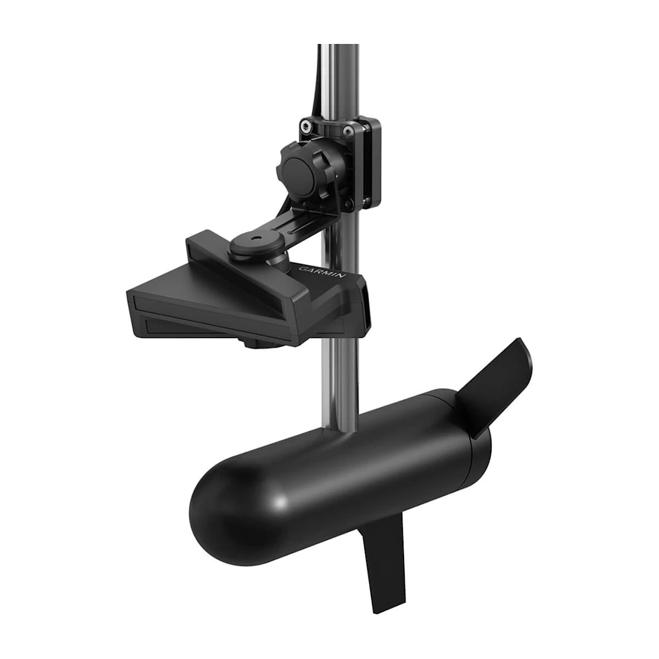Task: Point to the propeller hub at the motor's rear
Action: coord(469,428)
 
